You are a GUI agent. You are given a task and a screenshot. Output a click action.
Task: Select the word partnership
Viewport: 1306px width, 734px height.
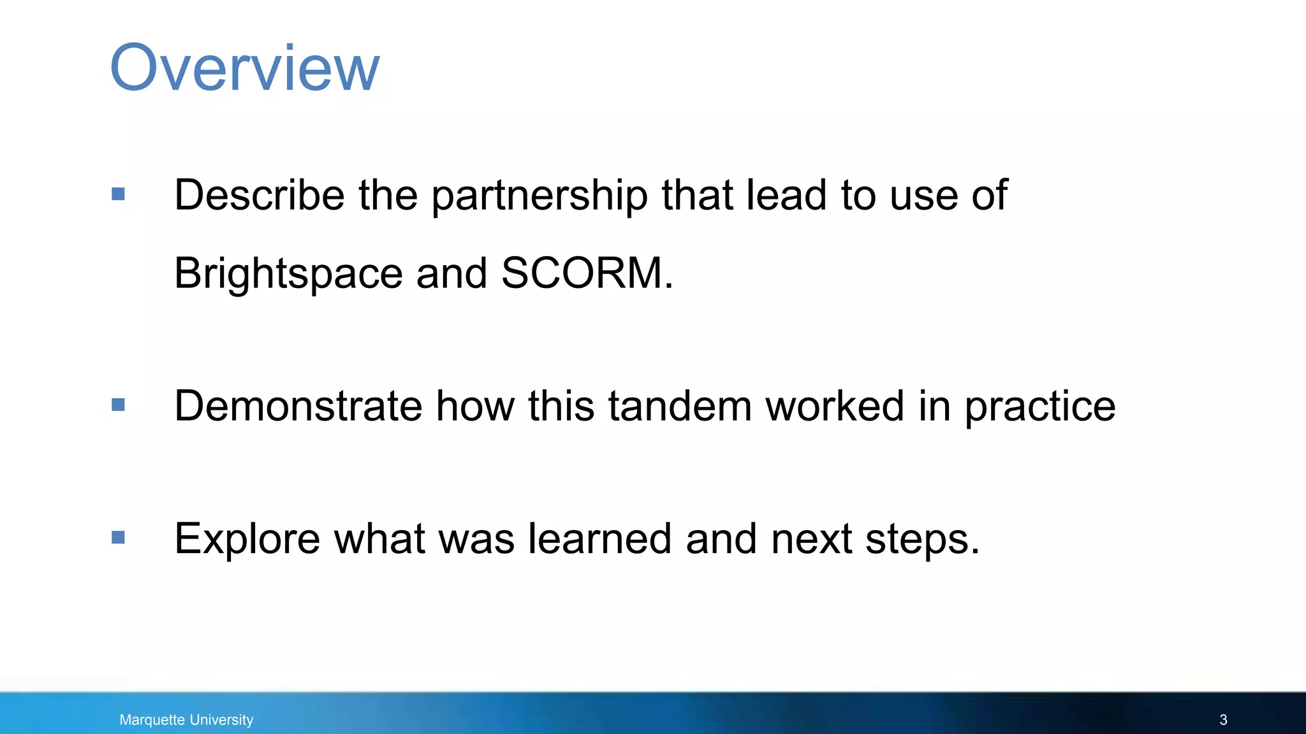click(539, 196)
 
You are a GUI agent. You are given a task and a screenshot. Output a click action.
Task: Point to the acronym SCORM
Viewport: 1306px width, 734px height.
click(587, 273)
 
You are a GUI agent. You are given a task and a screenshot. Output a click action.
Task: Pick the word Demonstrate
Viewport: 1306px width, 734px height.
click(298, 406)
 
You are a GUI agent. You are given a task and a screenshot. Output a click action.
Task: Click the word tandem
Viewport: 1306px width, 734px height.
click(680, 406)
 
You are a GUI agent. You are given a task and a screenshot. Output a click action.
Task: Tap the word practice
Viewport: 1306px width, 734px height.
click(1040, 407)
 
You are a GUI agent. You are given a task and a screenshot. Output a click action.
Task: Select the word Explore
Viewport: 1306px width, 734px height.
click(247, 539)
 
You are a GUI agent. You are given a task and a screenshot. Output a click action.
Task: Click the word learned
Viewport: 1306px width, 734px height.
click(599, 539)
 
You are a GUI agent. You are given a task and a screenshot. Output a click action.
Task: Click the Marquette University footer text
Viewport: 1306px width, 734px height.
click(186, 720)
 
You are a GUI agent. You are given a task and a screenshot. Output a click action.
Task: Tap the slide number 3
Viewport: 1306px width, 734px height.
click(1223, 720)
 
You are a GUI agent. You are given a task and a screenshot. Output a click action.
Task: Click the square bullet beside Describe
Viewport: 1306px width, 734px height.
click(118, 194)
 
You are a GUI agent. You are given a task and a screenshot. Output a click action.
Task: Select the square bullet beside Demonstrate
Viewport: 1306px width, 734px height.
click(118, 405)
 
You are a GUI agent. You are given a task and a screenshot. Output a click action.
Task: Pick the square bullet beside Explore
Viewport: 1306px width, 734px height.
click(118, 538)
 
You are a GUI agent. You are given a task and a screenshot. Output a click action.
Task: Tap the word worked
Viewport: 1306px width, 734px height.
click(835, 406)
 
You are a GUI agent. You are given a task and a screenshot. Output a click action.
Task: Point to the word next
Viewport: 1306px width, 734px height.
click(811, 539)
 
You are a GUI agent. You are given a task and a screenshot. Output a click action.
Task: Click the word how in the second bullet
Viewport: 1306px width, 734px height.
click(475, 406)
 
